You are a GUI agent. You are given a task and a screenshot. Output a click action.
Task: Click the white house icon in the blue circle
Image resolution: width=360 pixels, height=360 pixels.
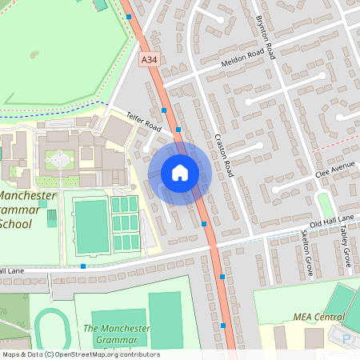click(180, 173)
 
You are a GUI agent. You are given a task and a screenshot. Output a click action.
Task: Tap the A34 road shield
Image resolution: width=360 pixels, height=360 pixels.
click(149, 60)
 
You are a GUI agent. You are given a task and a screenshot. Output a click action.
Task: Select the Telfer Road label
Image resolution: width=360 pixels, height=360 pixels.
click(143, 122)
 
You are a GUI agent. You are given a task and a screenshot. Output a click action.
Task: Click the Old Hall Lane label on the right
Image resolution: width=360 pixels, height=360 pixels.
click(331, 220)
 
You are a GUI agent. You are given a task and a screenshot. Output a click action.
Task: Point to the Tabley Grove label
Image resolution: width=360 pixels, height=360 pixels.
click(346, 249)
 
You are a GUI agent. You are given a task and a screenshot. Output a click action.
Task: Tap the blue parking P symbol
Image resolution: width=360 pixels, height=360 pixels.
click(346, 339)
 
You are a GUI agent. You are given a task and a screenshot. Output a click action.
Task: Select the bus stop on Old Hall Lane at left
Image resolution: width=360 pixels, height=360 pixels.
click(83, 266)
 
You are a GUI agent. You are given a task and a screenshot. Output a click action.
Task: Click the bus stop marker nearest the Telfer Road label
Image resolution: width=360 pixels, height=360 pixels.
click(164, 110)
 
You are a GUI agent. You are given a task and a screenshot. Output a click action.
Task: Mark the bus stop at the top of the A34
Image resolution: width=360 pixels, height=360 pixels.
click(129, 16)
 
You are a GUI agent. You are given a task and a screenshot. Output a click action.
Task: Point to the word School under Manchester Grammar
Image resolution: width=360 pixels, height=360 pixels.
click(17, 224)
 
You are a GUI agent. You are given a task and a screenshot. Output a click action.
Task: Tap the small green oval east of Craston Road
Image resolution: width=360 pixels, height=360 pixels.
click(325, 204)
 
